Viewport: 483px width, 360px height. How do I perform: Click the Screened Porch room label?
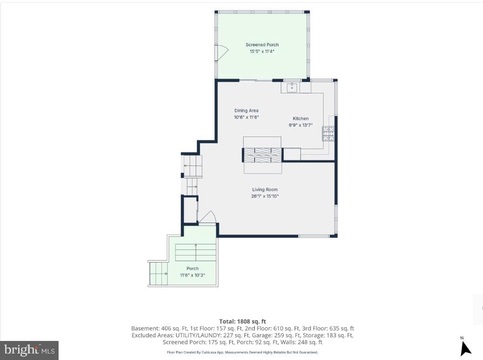[262, 45]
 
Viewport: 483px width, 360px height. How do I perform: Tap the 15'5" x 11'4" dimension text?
[262, 52]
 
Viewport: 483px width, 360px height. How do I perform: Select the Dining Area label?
[246, 111]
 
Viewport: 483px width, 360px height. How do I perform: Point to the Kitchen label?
[301, 118]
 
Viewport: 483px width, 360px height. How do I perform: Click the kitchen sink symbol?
[292, 87]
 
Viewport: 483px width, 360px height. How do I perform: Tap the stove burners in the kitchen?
[328, 133]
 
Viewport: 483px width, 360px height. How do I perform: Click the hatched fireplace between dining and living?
[262, 155]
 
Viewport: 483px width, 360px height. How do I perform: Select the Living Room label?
[265, 190]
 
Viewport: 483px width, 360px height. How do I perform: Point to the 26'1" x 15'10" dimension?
[265, 196]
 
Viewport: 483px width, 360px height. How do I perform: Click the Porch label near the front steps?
[192, 268]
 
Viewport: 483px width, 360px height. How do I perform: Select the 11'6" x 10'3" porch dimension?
[192, 275]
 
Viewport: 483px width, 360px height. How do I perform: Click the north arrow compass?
[465, 347]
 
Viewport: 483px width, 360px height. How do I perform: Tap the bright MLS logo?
[29, 350]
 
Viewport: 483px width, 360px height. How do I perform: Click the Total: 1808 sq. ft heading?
[242, 321]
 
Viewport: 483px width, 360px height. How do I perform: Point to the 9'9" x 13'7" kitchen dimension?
[301, 125]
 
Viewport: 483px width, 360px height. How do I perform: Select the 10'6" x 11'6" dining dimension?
[246, 117]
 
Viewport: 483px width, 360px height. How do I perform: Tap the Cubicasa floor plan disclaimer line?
[242, 352]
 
